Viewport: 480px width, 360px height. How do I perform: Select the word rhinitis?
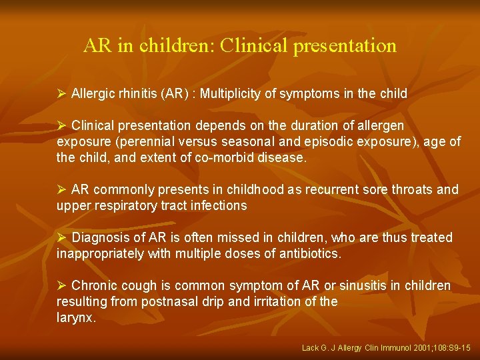coord(135,93)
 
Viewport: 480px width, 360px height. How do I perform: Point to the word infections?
coord(217,206)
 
